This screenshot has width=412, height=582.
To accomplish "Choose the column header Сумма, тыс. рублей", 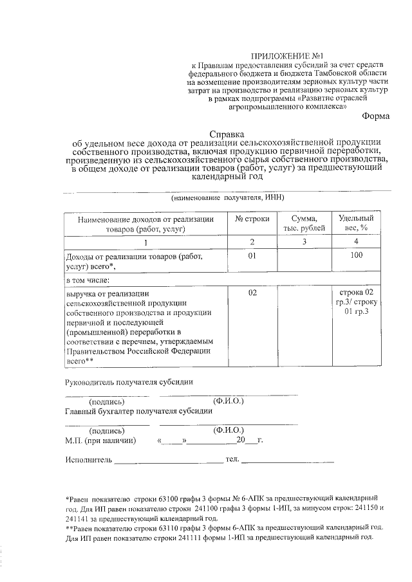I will (301, 223).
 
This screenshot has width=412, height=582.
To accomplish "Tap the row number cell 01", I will (252, 256).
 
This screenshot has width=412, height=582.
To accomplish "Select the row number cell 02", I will (252, 293).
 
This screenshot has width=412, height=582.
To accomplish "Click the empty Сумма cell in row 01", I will (301, 261).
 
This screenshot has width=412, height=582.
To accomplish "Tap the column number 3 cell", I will (301, 242).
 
